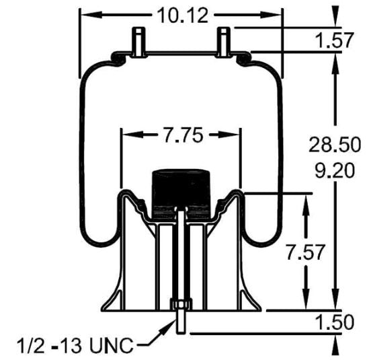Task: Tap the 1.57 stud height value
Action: pyautogui.click(x=334, y=40)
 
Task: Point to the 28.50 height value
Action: pyautogui.click(x=332, y=143)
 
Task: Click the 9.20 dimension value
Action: pyautogui.click(x=332, y=170)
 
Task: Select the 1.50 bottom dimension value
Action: pyautogui.click(x=334, y=322)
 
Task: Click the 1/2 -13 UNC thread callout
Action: pyautogui.click(x=73, y=347)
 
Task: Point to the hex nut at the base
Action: pyautogui.click(x=179, y=305)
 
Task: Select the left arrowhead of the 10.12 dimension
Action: pyautogui.click(x=86, y=14)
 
